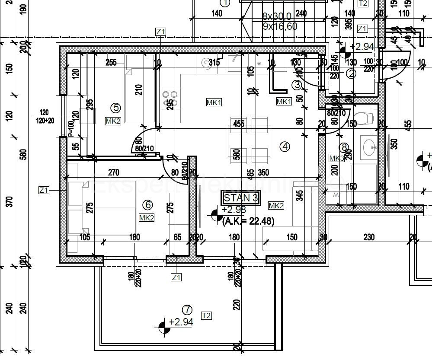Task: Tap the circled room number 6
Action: (147, 204)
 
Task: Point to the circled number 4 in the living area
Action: (285, 147)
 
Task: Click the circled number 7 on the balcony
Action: (187, 309)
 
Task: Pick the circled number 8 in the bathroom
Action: (344, 147)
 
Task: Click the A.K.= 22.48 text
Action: (248, 220)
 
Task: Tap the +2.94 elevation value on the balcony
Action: (181, 322)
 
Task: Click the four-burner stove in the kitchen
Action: (169, 99)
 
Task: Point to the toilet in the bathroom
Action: (364, 118)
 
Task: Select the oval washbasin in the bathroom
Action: (369, 147)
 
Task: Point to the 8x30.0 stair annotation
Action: (277, 16)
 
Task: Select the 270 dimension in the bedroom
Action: (113, 173)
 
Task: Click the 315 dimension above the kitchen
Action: (214, 63)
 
